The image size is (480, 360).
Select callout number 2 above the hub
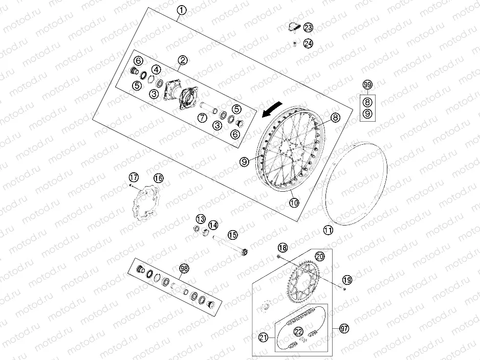pos(182,61)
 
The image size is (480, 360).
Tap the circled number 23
pos(308,27)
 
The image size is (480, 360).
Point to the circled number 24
pos(308,43)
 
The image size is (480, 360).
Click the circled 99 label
pos(367,84)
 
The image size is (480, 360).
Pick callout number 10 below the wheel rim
pos(293,203)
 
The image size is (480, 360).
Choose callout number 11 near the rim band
pos(328,231)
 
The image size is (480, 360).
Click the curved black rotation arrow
pos(271,108)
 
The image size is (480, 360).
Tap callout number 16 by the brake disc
pos(158,178)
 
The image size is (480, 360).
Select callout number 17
pos(134,178)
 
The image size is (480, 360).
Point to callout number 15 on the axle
pos(233,235)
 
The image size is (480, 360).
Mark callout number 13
pos(200,219)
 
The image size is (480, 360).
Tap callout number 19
pos(347,280)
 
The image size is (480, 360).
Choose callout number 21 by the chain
pos(263,337)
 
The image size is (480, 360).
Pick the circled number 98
pos(183,268)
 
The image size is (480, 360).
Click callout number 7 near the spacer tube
pos(202,118)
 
